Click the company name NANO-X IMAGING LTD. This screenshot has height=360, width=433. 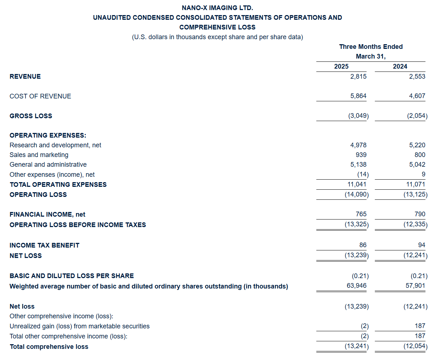pyautogui.click(x=217, y=8)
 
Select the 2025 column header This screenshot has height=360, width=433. pyautogui.click(x=341, y=66)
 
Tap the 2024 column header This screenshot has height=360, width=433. pyautogui.click(x=400, y=66)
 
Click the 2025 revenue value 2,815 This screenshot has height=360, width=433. pyautogui.click(x=358, y=77)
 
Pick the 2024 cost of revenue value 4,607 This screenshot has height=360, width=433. pyautogui.click(x=417, y=96)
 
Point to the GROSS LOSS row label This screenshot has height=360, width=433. pyautogui.click(x=31, y=116)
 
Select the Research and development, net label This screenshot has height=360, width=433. pyautogui.click(x=55, y=145)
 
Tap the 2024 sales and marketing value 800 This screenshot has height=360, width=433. pyautogui.click(x=420, y=155)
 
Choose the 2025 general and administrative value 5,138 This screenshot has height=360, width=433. pyautogui.click(x=358, y=165)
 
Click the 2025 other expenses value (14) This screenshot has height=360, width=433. pyautogui.click(x=363, y=175)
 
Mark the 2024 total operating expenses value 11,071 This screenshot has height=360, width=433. pyautogui.click(x=416, y=184)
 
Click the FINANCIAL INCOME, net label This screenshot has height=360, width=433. pyautogui.click(x=47, y=214)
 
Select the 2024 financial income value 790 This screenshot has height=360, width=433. pyautogui.click(x=420, y=214)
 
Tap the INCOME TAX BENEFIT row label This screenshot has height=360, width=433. pyautogui.click(x=45, y=245)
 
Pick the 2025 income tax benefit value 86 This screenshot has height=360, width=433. pyautogui.click(x=363, y=245)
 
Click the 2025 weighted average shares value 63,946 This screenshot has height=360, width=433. pyautogui.click(x=357, y=286)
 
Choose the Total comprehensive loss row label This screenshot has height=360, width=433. pyautogui.click(x=49, y=347)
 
